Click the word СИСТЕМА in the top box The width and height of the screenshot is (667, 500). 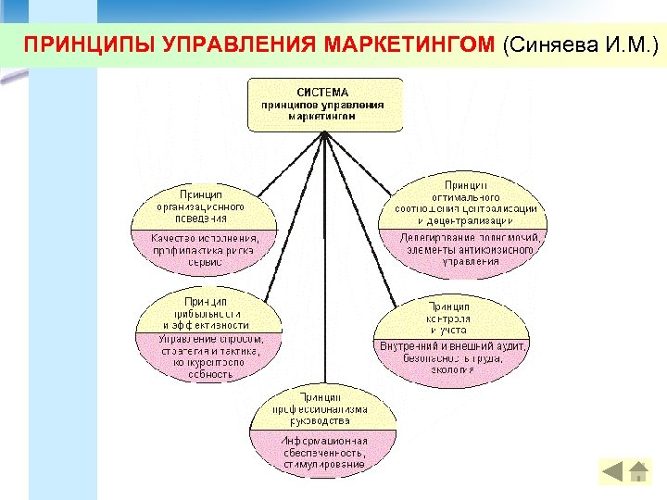323,92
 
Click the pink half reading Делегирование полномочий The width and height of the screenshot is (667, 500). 464,249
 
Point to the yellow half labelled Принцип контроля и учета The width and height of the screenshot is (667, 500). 450,317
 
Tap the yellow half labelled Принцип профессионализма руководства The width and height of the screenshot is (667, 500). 323,407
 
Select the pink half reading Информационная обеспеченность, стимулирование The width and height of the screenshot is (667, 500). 323,452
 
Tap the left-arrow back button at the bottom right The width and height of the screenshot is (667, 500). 614,471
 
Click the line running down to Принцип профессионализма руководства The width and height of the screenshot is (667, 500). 323,259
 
